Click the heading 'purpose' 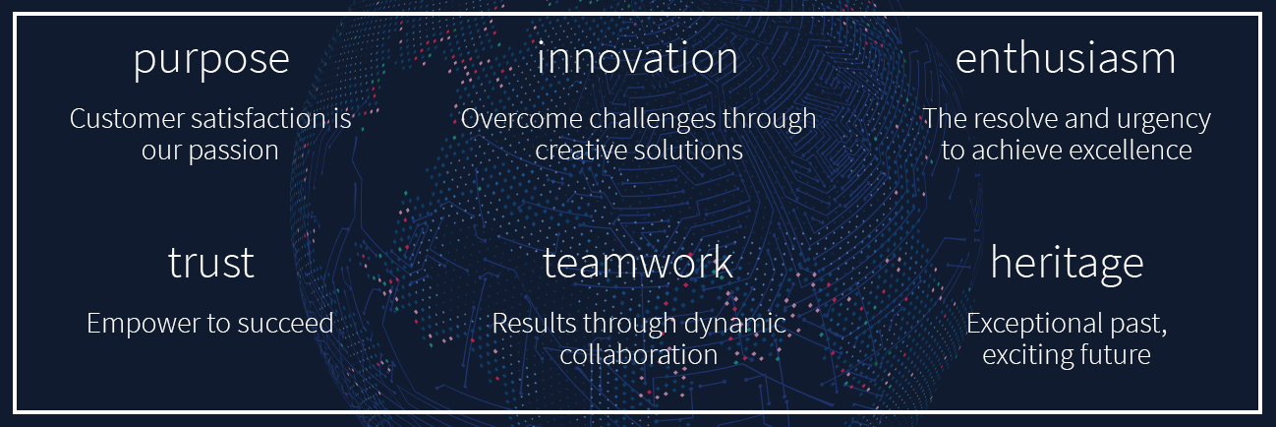(x=211, y=62)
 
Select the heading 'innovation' (x=637, y=58)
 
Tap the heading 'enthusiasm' (x=1066, y=58)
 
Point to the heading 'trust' (x=210, y=263)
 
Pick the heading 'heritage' (x=1067, y=265)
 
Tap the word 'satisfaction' (x=259, y=118)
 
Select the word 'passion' (x=234, y=152)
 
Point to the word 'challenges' (x=652, y=120)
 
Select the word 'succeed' (x=285, y=324)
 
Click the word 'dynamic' (x=735, y=325)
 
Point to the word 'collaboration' (x=639, y=354)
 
